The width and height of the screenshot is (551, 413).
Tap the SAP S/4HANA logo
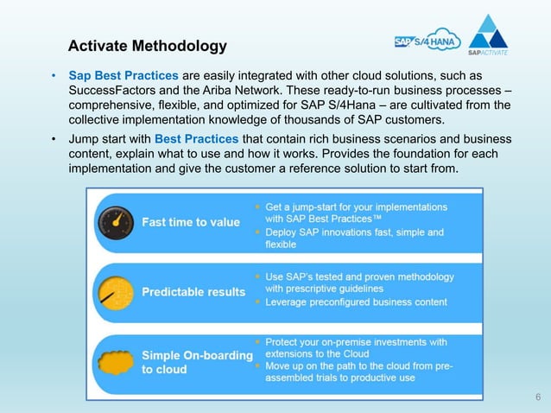point(427,41)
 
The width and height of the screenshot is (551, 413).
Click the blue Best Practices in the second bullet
point(191,138)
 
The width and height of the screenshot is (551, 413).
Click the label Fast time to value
point(191,222)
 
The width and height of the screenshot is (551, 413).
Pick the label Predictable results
point(193,292)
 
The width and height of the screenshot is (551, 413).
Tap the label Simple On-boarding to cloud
point(197,362)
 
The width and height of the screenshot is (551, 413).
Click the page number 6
point(538,397)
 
